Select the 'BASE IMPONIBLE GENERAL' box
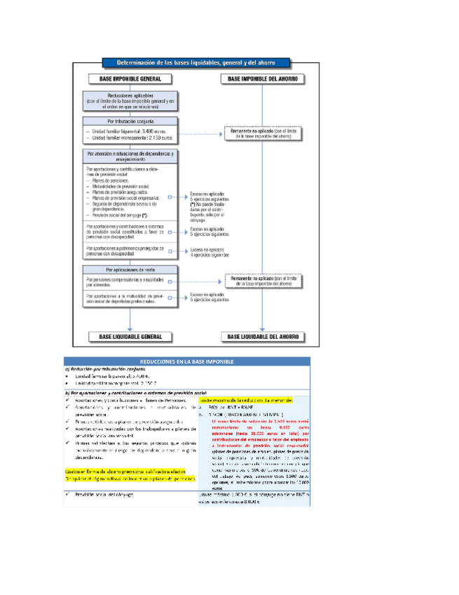pos(130,79)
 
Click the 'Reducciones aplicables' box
pos(130,100)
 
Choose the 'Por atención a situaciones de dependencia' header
pos(130,156)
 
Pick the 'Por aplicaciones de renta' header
pos(130,269)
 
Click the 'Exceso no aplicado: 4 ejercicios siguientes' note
pos(210,253)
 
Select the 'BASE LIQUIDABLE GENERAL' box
pos(130,337)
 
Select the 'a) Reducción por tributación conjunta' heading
pos(105,369)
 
